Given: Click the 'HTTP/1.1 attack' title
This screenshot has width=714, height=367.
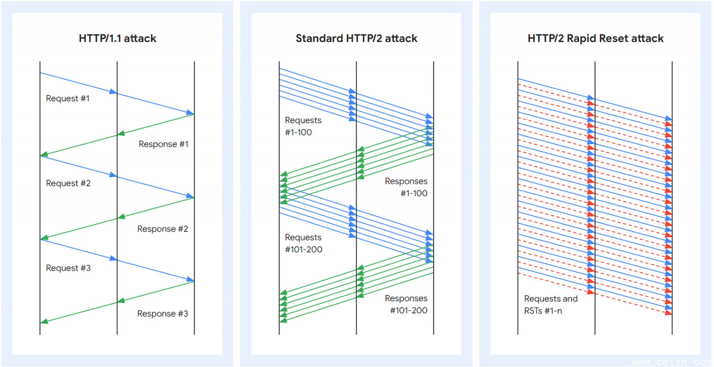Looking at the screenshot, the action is (117, 38).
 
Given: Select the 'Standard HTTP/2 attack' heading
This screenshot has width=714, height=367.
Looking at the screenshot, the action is (357, 38).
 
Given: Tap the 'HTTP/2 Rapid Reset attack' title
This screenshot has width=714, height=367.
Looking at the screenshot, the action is (595, 38).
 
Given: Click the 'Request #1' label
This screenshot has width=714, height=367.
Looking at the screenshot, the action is (67, 98).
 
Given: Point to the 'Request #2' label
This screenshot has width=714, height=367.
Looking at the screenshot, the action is (68, 183).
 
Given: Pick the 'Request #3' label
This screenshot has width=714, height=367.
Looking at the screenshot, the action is (68, 268).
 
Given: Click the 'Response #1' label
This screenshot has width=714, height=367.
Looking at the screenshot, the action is (163, 144).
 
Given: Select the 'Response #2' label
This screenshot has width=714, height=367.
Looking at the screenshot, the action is (162, 229).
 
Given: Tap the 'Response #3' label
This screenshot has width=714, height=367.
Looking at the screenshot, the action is (162, 314).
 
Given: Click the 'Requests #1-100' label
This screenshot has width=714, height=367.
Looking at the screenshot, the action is (303, 126).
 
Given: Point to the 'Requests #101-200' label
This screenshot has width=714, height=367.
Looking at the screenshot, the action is (303, 243).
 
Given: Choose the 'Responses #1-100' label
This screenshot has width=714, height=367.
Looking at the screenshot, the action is (406, 187).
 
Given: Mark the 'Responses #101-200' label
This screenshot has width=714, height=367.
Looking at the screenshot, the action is (406, 304).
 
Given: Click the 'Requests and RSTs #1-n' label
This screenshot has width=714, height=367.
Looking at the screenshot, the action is (551, 304).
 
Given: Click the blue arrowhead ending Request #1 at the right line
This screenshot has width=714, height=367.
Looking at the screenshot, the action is (190, 113).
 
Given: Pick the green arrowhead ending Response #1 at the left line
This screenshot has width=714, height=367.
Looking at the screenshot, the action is (44, 154).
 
